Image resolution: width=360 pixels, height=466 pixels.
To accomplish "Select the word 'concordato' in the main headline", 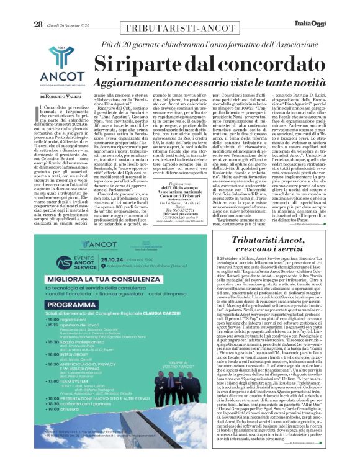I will tap(211, 64).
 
